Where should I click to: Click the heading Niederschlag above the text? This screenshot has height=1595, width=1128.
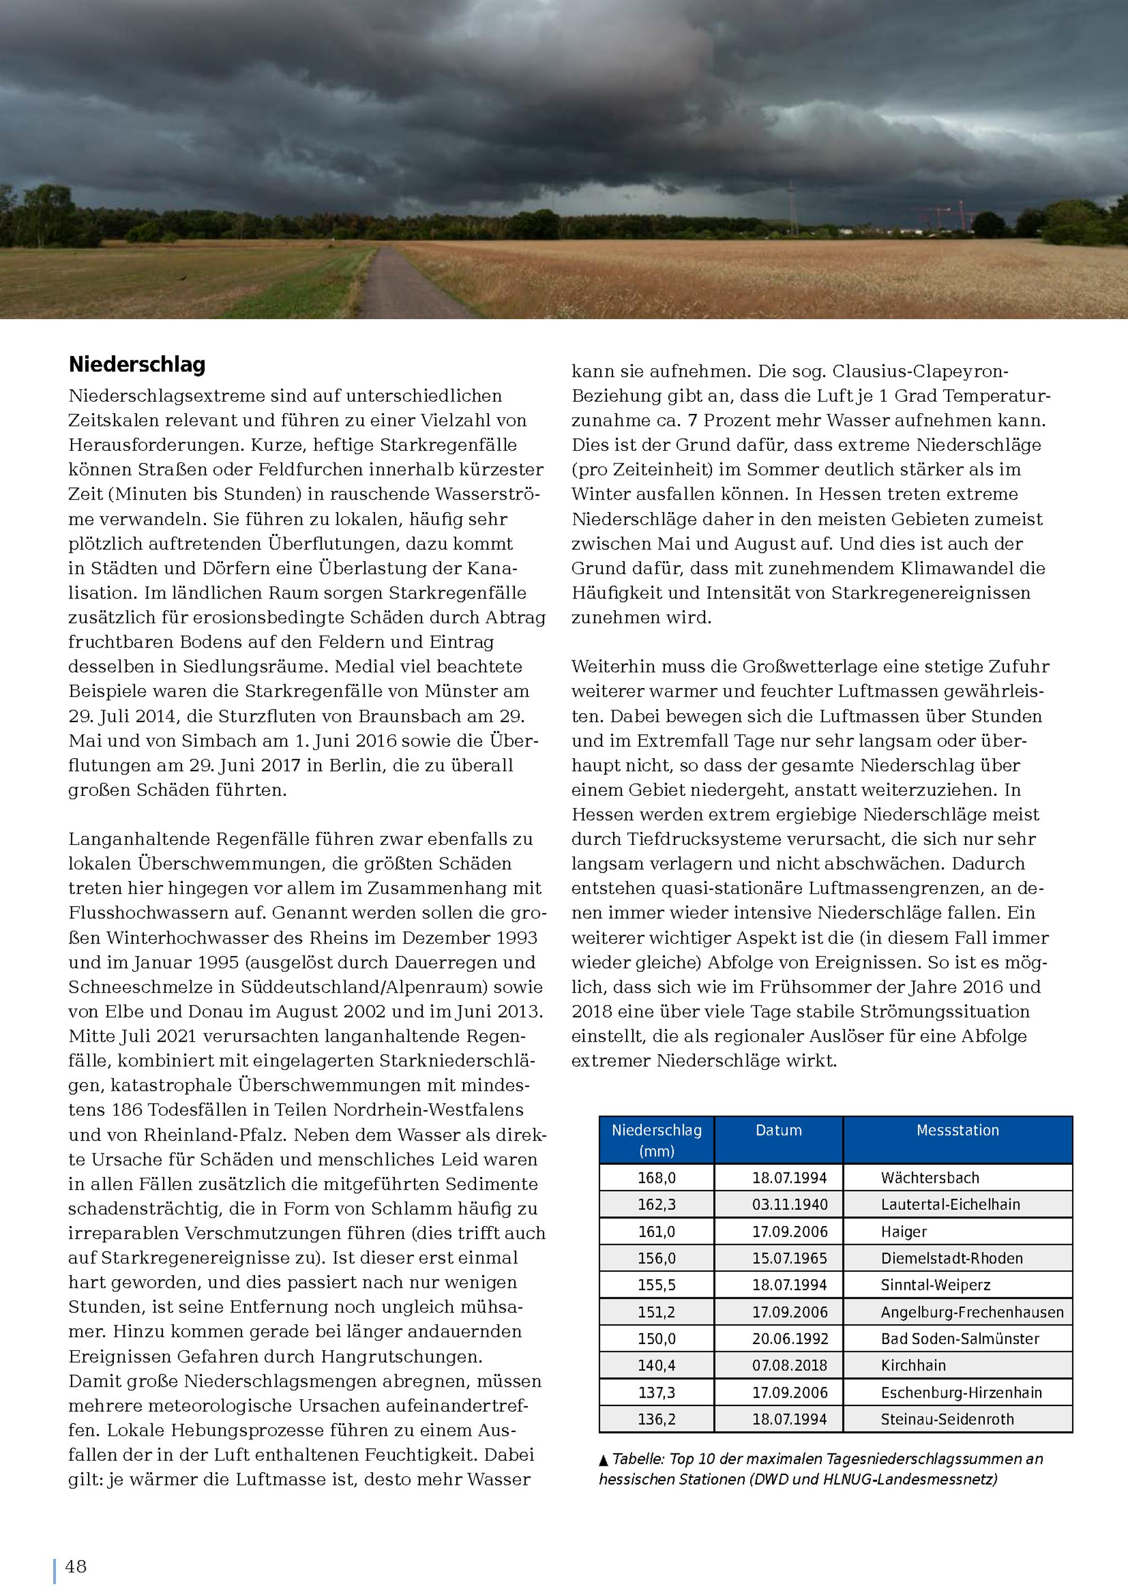[x=137, y=365]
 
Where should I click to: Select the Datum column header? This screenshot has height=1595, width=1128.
[x=779, y=1130]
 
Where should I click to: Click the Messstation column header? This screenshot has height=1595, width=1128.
[x=957, y=1130]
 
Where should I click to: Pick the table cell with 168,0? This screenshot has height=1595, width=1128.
[x=656, y=1178]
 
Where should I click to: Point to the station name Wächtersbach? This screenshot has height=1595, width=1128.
[x=929, y=1178]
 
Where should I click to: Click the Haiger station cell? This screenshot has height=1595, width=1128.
[x=904, y=1232]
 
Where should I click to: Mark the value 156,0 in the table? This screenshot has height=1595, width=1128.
[x=656, y=1258]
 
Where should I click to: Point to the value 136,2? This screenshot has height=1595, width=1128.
[x=656, y=1419]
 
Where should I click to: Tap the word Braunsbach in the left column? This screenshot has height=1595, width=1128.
[x=404, y=716]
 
